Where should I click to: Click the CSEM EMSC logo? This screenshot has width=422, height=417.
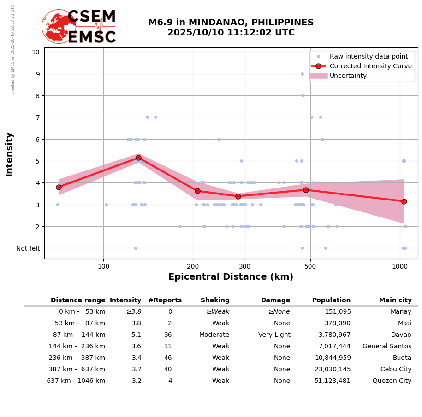[x=79, y=27]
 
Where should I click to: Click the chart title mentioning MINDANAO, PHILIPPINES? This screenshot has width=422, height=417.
[x=231, y=28]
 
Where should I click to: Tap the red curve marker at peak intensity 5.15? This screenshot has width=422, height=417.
[x=138, y=158]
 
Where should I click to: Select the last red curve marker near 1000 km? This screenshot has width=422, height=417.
[x=404, y=201]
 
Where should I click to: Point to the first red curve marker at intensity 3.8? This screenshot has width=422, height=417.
[x=59, y=187]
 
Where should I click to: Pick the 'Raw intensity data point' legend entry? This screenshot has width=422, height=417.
[x=369, y=56]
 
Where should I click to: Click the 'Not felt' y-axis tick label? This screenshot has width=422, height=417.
[x=28, y=248]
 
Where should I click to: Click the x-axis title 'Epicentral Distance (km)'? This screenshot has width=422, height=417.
[x=231, y=277]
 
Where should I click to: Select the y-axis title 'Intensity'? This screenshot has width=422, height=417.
[x=9, y=154]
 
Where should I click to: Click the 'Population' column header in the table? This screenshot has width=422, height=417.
[x=331, y=300]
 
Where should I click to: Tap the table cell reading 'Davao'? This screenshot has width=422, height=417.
[x=401, y=335]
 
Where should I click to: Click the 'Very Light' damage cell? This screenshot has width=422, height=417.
[x=274, y=335]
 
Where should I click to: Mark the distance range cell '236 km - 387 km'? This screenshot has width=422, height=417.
[x=76, y=358]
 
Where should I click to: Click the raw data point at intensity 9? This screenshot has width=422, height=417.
[x=302, y=74]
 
